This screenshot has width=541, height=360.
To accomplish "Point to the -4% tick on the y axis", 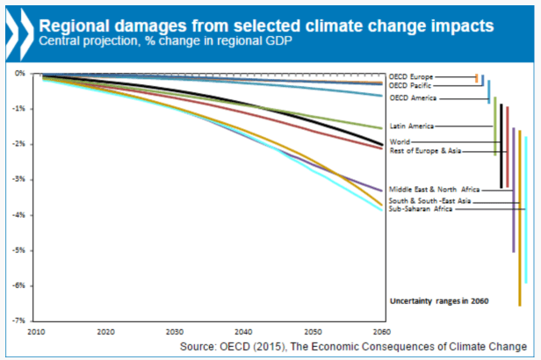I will pyautogui.click(x=19, y=215).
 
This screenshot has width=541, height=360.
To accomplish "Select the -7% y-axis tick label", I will pyautogui.click(x=19, y=321).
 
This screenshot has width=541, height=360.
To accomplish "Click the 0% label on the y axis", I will pyautogui.click(x=21, y=73).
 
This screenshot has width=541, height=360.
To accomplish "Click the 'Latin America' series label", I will pyautogui.click(x=412, y=126).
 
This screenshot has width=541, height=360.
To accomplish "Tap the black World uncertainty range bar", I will pyautogui.click(x=501, y=146).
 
